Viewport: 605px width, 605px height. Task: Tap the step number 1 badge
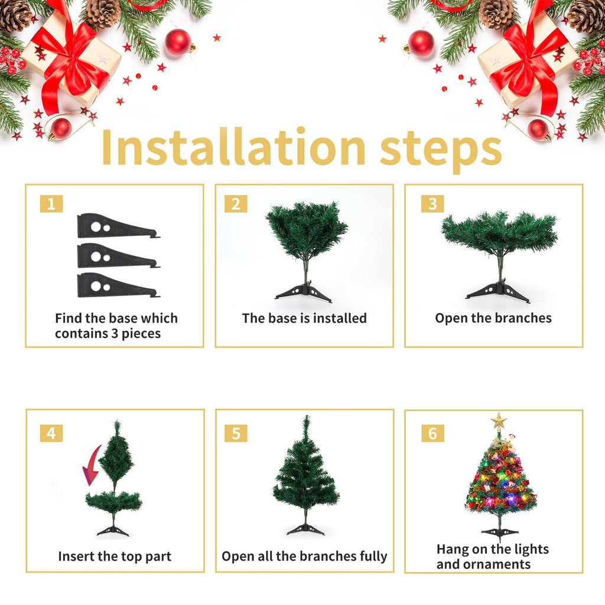coord(51,204)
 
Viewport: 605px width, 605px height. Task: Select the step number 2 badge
coord(236,204)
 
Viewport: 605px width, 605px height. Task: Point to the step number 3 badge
coord(432,204)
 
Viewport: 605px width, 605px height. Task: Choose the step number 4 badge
coord(51,433)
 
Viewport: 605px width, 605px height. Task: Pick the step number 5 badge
coord(236,433)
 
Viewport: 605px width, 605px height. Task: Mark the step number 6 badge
coord(432,433)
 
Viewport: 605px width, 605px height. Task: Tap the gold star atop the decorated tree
coord(499,421)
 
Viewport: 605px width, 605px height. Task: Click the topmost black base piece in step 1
coord(115,226)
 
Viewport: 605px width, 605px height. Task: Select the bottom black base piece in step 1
coord(115,286)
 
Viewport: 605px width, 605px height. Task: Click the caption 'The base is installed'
coord(304,318)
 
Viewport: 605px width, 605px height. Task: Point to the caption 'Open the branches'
coord(493,318)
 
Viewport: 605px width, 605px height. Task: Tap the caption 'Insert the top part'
coord(115,557)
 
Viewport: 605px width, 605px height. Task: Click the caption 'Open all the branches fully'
coord(304,557)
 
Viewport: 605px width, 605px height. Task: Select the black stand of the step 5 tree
coord(305,529)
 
